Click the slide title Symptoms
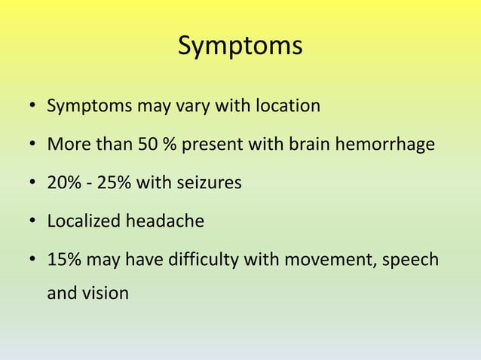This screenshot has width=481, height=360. (x=240, y=46)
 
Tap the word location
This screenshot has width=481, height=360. (x=286, y=105)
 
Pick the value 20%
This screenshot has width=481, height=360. (x=63, y=183)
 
